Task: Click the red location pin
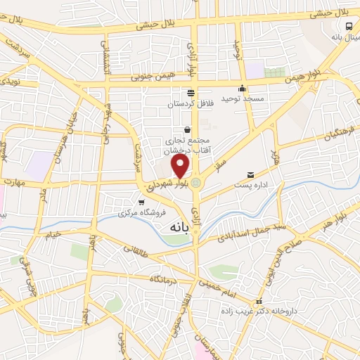pos(181,166)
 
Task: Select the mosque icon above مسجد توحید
pos(242,89)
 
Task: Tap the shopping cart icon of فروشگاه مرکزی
pos(141,202)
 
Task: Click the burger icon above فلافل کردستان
pos(191,93)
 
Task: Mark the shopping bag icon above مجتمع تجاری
pos(187,129)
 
